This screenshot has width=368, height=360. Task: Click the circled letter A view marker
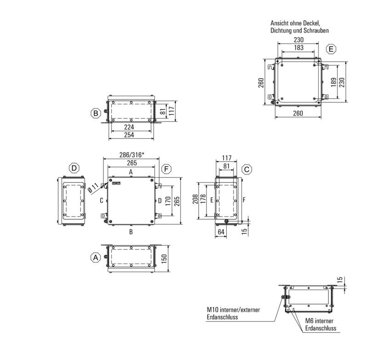tap(95, 258)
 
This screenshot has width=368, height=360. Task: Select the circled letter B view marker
tap(95, 113)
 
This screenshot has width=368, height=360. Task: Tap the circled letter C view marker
tap(247, 170)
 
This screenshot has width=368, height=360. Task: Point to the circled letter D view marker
tap(74, 169)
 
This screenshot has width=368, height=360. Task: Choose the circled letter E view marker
tap(331, 49)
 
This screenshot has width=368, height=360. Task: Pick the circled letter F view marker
tap(167, 170)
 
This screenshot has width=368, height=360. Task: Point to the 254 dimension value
tap(131, 135)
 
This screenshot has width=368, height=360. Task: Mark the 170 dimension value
tap(168, 200)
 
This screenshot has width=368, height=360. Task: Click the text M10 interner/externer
tap(233, 310)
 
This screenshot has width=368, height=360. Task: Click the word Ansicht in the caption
tap(280, 23)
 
